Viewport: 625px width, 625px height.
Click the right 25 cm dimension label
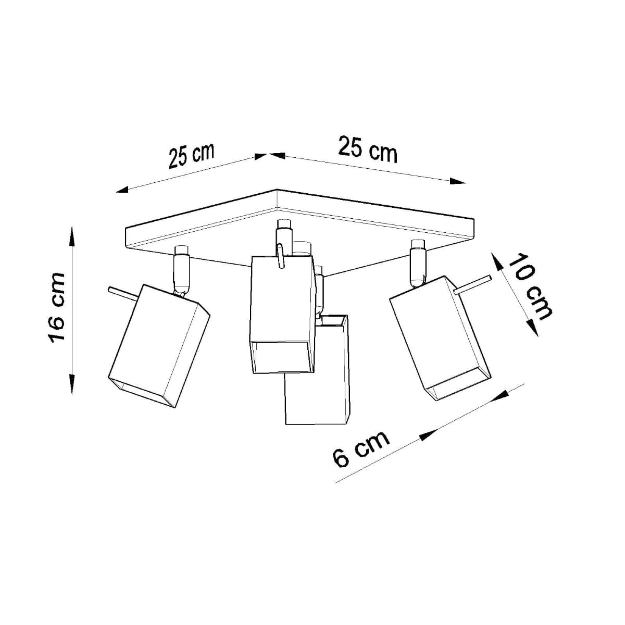point(368,149)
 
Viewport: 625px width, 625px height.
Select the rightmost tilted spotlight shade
point(440,339)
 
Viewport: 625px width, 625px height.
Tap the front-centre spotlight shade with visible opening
point(282,312)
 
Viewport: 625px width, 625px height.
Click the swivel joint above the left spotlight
point(181,271)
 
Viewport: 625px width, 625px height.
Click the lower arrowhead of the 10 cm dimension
point(531,327)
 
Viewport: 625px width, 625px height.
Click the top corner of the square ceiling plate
point(278,190)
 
